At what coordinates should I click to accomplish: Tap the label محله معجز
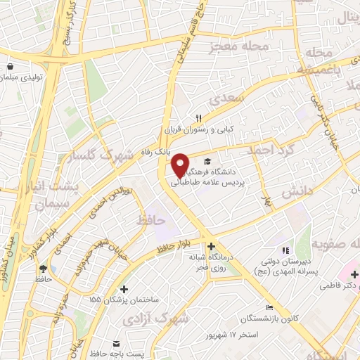coord(240,47)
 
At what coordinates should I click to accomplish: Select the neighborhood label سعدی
coord(226,94)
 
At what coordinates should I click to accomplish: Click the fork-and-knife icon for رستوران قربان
coord(199,118)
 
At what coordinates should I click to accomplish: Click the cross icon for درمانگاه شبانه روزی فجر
coord(211,245)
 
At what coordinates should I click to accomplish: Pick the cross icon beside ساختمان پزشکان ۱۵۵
coord(124,289)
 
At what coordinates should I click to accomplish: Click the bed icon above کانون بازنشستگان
coord(269,307)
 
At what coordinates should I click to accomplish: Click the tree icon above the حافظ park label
coord(44,268)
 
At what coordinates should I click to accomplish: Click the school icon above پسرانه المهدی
coord(285,250)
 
